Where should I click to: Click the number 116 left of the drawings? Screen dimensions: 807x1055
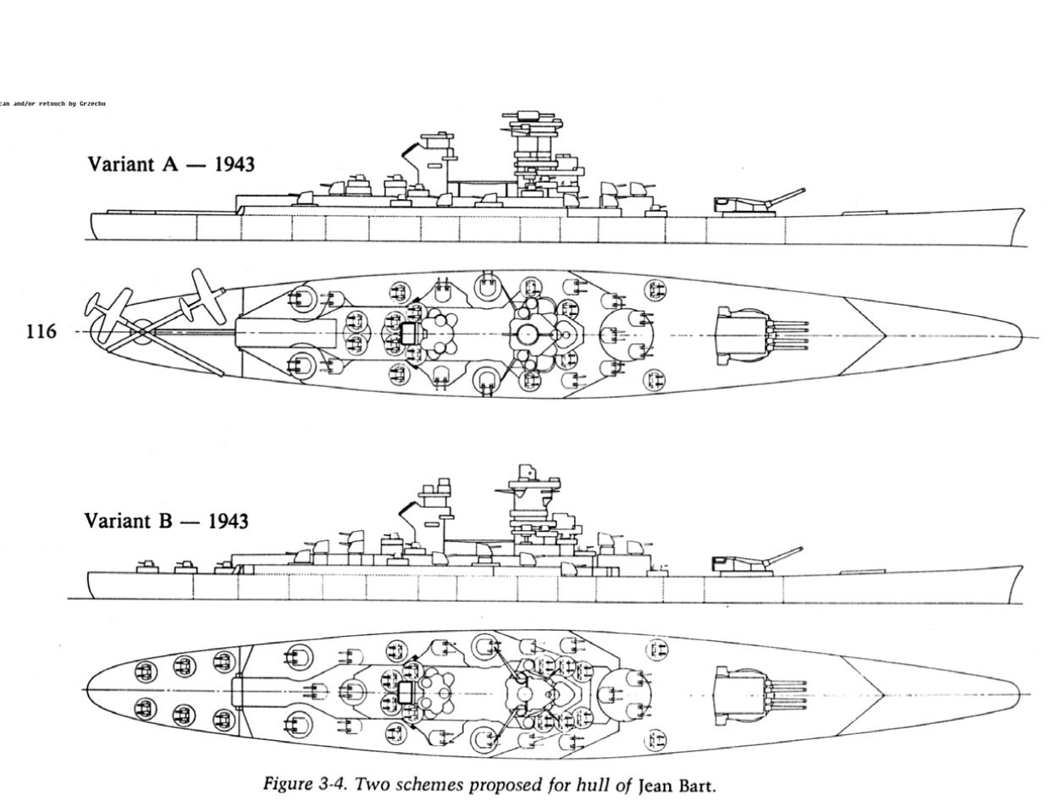point(41,331)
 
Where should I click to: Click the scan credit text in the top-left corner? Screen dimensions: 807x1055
point(52,103)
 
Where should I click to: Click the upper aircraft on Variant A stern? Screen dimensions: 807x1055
point(200,296)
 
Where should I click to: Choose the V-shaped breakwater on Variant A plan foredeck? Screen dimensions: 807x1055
point(872,335)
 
